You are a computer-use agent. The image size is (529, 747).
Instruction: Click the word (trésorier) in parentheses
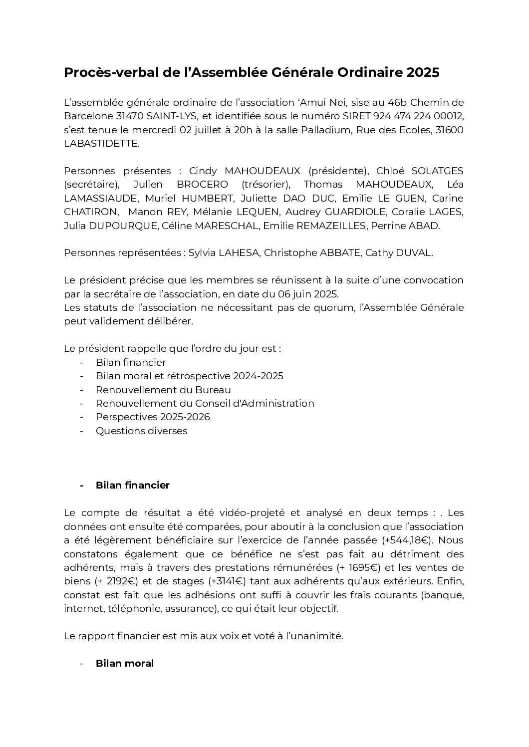(266, 185)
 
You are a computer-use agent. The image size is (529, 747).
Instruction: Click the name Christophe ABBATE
(312, 253)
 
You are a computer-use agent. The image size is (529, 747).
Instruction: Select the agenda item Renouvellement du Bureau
(163, 390)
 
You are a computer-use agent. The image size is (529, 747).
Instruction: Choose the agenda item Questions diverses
(141, 431)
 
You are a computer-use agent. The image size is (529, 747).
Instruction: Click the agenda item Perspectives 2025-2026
(153, 417)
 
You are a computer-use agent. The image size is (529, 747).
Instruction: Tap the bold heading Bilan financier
(132, 485)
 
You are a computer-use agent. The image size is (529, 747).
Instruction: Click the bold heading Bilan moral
(125, 664)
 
